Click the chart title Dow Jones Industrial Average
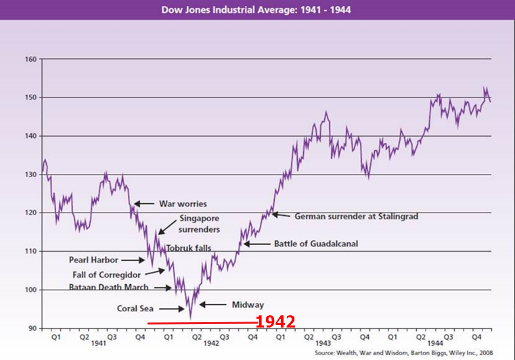256,10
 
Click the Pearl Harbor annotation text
93,259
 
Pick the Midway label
248,305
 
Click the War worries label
183,204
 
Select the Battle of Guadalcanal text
316,244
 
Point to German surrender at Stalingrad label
357,217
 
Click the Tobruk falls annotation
189,248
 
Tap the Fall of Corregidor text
106,274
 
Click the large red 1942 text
275,322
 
